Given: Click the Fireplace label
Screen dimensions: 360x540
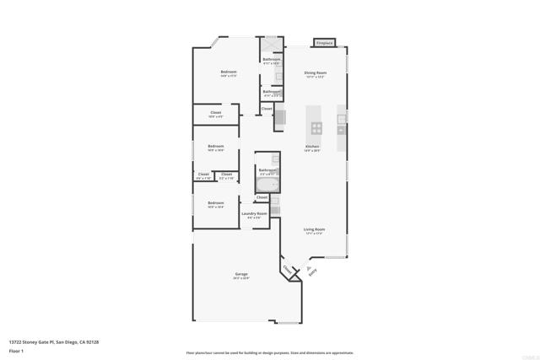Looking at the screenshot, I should coord(325,42).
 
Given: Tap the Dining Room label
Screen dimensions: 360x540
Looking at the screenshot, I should coord(315,73).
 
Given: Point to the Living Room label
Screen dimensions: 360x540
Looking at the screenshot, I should coord(315,229).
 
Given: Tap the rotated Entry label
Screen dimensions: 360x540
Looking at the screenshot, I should coord(312,271).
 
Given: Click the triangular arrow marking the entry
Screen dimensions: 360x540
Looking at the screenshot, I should coord(309,263).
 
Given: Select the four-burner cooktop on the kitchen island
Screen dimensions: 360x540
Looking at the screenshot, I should coord(316,129).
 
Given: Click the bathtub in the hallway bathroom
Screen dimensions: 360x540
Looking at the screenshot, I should coord(267,184).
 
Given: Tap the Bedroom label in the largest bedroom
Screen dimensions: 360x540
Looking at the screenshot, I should coord(228,73).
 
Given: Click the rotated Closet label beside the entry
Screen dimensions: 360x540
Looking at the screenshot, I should coord(289,270).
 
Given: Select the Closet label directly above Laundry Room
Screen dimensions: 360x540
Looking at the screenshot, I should coord(262,197).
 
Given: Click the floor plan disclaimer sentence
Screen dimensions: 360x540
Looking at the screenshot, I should coord(270,353).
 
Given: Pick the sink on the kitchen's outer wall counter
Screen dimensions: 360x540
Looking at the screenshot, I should coord(341,129).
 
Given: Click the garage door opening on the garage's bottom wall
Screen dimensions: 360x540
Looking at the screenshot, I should coord(235,321).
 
